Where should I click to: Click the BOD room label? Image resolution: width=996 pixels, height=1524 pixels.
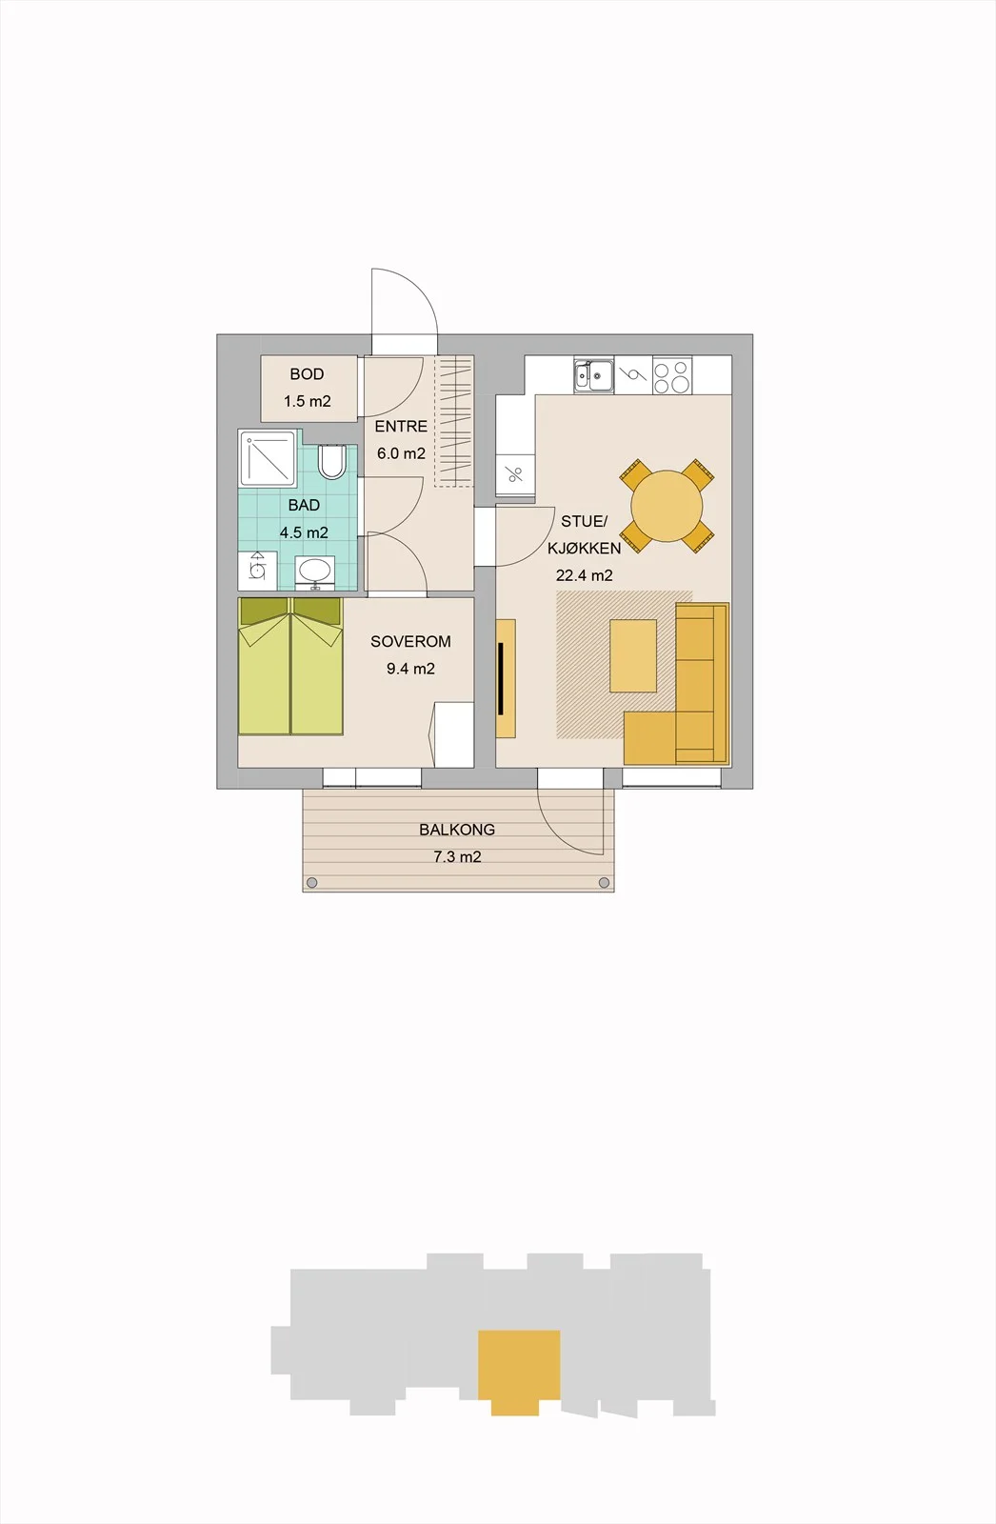pyautogui.click(x=307, y=374)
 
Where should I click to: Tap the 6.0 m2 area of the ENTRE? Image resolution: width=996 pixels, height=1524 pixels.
pyautogui.click(x=402, y=453)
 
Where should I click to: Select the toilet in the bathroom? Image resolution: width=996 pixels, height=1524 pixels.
pyautogui.click(x=332, y=461)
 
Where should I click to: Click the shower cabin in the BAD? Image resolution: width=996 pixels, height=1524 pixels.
pyautogui.click(x=268, y=458)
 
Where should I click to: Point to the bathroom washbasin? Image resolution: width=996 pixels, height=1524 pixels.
pyautogui.click(x=314, y=571)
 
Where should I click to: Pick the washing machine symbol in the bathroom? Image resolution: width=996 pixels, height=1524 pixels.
pyautogui.click(x=257, y=571)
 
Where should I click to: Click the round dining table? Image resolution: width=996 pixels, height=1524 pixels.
pyautogui.click(x=667, y=506)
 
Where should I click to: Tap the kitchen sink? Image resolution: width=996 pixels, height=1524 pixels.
pyautogui.click(x=593, y=375)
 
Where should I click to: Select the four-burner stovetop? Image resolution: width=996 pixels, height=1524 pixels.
pyautogui.click(x=671, y=376)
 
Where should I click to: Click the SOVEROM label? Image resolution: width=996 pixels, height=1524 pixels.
pyautogui.click(x=411, y=642)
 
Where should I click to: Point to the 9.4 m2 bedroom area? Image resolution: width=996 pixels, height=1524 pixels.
pyautogui.click(x=411, y=669)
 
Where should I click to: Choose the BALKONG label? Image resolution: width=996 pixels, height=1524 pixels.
pyautogui.click(x=457, y=830)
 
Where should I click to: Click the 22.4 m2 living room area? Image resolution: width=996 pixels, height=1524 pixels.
pyautogui.click(x=585, y=575)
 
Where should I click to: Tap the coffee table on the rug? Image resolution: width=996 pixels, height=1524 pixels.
pyautogui.click(x=633, y=655)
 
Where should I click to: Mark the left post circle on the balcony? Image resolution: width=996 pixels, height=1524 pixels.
pyautogui.click(x=311, y=883)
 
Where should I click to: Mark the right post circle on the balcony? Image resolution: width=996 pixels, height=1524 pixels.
pyautogui.click(x=604, y=883)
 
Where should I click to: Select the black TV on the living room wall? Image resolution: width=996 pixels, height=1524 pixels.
pyautogui.click(x=501, y=678)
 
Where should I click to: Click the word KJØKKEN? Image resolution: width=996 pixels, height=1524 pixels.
pyautogui.click(x=585, y=549)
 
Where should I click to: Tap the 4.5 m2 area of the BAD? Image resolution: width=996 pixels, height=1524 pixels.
pyautogui.click(x=304, y=532)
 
